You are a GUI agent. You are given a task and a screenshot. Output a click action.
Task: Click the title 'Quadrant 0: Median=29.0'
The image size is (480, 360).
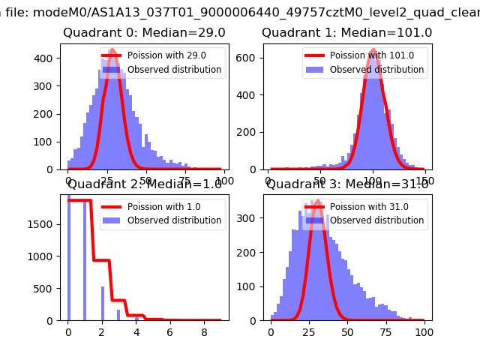(x=144, y=33)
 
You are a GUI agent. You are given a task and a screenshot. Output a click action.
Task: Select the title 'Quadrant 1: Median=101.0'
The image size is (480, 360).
(x=346, y=33)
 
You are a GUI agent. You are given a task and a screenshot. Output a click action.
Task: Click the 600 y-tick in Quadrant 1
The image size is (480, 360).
(x=251, y=58)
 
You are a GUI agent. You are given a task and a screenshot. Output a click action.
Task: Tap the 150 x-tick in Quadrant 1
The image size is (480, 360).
(x=425, y=181)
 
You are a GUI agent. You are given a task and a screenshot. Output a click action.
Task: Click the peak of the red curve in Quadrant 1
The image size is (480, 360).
(x=373, y=50)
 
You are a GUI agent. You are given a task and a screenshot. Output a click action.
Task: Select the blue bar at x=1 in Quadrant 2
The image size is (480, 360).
(x=85, y=262)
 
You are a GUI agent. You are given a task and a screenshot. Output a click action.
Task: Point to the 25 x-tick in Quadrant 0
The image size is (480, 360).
(x=107, y=181)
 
